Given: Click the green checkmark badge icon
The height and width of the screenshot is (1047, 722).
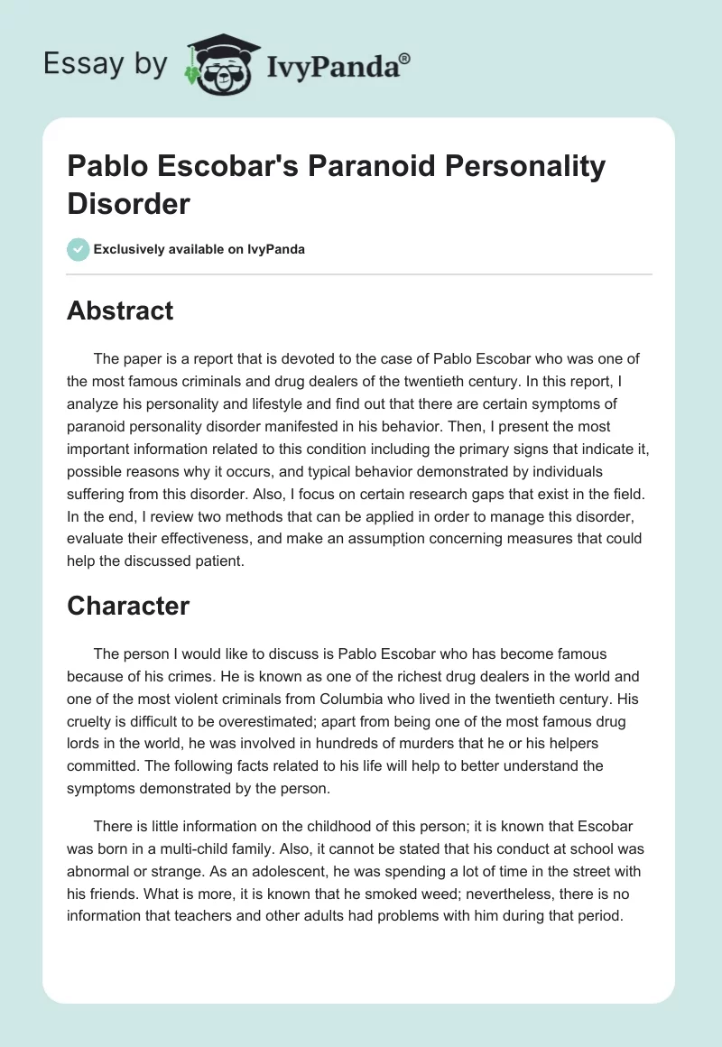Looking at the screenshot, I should point(78,249).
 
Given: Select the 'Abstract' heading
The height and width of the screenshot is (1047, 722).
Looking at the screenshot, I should point(120,310).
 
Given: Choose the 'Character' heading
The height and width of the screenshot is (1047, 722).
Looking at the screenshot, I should point(128,607).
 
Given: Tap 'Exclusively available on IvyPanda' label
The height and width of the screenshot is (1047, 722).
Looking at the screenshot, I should point(199,249).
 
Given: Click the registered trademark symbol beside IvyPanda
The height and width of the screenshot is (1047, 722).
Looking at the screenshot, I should point(405,58).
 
